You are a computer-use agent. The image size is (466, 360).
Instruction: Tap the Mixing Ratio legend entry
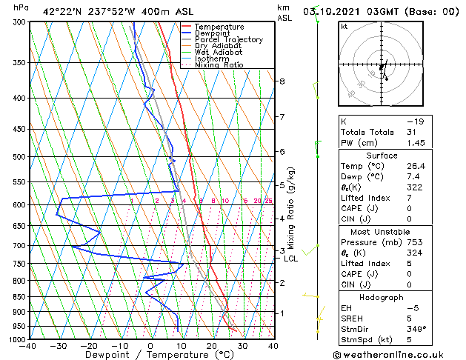click(x=219, y=65)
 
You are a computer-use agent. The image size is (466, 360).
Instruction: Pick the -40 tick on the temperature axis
click(x=28, y=346)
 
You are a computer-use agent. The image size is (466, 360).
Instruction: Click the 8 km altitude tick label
click(x=282, y=81)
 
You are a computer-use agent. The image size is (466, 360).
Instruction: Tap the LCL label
click(x=290, y=259)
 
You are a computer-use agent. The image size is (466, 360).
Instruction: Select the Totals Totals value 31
click(x=412, y=132)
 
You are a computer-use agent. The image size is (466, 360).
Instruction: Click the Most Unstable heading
click(x=382, y=232)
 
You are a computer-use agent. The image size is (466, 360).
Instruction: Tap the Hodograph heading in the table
click(x=382, y=297)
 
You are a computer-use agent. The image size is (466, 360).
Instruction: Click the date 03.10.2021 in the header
click(x=348, y=10)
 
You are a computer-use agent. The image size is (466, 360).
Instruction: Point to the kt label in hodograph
click(x=344, y=26)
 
